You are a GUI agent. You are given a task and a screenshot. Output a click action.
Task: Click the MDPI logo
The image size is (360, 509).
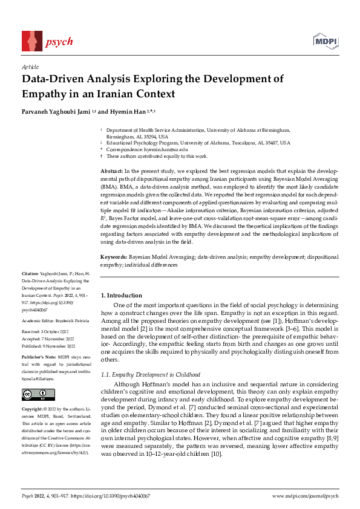click(325, 42)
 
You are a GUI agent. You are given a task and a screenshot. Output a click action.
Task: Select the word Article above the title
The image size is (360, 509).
click(30, 66)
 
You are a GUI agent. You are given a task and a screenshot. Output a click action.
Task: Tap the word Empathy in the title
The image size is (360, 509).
click(44, 94)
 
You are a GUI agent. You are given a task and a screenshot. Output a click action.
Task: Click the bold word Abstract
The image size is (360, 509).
click(111, 172)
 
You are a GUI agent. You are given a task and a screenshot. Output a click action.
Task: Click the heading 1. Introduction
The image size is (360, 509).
click(121, 295)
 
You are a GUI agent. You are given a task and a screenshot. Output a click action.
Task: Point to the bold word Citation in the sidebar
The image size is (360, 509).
click(30, 274)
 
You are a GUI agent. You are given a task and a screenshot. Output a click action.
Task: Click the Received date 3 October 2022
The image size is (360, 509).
click(52, 332)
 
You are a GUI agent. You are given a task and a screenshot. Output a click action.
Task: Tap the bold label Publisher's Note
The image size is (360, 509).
click(38, 358)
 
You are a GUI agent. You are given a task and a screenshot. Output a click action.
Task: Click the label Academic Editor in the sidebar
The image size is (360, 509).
click(38, 320)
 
